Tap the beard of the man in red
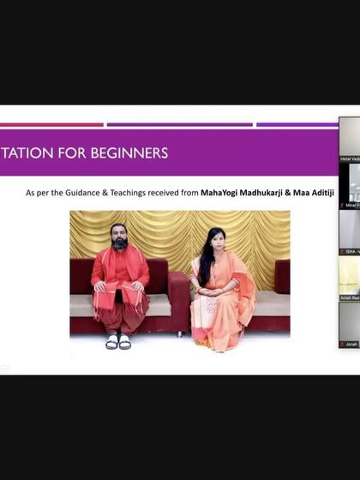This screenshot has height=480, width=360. pos(120,243)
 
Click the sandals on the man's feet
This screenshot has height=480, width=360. pos(118,341)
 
